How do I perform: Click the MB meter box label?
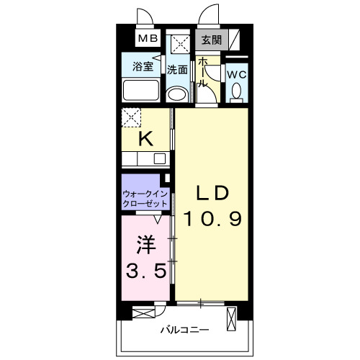click(x=148, y=38)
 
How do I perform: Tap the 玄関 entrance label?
click(x=211, y=40)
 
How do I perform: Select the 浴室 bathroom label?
click(x=143, y=66)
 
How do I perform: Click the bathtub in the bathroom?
click(x=141, y=90)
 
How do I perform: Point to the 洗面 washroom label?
click(x=177, y=70)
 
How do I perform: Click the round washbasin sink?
click(x=178, y=94)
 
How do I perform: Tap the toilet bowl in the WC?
click(x=236, y=91)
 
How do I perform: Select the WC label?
click(x=237, y=75)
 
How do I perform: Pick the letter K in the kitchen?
click(x=146, y=139)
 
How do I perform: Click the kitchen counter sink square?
click(x=160, y=158)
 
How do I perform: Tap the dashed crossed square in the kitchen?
click(x=131, y=117)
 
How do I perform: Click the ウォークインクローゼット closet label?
click(x=145, y=199)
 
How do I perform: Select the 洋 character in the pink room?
click(x=146, y=245)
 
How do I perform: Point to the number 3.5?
click(x=146, y=270)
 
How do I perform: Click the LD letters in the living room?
click(x=212, y=193)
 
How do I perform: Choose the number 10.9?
click(x=212, y=219)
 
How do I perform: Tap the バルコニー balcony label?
click(x=184, y=330)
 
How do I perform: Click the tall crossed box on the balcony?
click(x=231, y=319)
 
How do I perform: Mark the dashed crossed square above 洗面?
click(x=181, y=45)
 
